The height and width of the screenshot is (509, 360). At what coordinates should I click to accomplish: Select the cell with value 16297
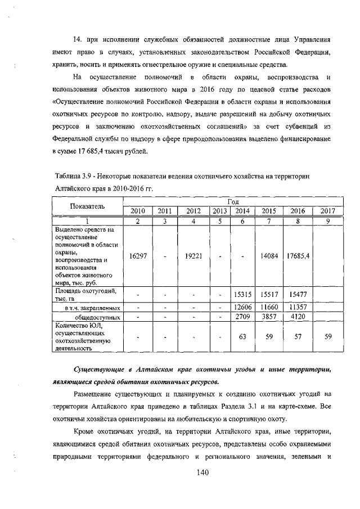pos(137,256)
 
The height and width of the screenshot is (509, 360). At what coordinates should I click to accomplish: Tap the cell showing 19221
pos(193,256)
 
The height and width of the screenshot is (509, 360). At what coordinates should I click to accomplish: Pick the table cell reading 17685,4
pos(298,256)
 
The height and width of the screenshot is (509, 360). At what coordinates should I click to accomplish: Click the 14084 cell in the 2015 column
pos(270,256)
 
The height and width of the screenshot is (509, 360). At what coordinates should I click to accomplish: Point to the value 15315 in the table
pos(243,294)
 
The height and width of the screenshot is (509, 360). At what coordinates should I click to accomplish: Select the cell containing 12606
pos(243,308)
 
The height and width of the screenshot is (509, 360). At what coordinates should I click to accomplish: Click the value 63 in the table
pos(243,337)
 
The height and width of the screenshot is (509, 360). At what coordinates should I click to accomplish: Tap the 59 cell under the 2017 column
pos(328,337)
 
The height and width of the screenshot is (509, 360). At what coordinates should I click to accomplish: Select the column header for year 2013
pos(219,211)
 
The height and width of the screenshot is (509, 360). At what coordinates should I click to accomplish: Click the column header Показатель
pos(87,206)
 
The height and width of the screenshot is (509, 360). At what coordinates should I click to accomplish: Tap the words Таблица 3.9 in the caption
pos(73,176)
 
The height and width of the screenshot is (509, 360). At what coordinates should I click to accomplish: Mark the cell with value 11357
pos(298,308)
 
